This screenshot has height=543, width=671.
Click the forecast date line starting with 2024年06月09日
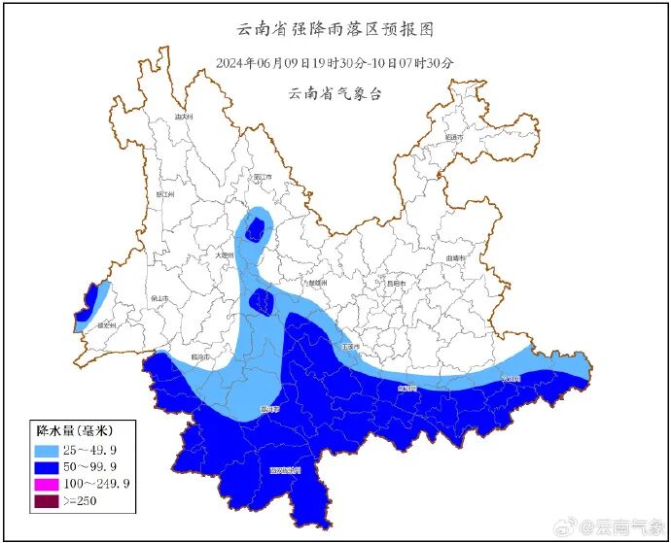335,63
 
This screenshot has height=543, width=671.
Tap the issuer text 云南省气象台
335,94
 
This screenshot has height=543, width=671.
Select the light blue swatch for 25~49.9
49,450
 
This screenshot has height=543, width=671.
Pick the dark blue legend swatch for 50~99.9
49,467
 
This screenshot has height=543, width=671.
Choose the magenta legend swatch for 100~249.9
49,484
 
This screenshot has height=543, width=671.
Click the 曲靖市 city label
455,257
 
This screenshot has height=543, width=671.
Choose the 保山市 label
159,298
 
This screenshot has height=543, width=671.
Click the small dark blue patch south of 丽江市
256,229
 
